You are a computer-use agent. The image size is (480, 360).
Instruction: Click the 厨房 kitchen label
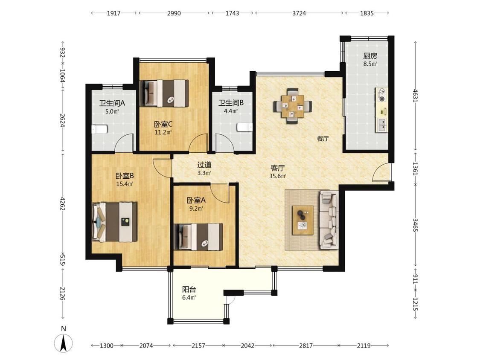point(370,56)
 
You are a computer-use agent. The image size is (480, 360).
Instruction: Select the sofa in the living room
point(329,220)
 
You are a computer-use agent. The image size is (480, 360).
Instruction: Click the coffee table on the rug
point(303,220)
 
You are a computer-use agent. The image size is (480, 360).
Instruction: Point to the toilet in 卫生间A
point(99,129)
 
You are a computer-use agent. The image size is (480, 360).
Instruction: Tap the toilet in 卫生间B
point(244,128)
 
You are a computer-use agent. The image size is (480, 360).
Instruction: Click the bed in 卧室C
point(164,93)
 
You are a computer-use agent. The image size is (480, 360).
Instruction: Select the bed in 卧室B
point(114,222)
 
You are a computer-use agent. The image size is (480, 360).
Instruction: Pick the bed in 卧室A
point(198,237)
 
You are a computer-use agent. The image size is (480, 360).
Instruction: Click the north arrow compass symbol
point(64,342)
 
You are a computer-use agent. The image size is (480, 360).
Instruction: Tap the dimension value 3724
point(299,13)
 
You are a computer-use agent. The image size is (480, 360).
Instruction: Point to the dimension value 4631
point(416,95)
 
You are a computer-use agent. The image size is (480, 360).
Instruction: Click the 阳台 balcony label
point(189,289)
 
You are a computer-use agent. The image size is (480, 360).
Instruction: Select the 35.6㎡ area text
point(278,176)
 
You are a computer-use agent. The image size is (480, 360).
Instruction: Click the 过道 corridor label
point(204,165)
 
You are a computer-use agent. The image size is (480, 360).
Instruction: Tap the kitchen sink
point(382,125)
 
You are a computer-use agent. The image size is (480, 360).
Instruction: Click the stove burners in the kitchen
point(382,95)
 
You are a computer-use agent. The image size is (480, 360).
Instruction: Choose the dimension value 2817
point(306,345)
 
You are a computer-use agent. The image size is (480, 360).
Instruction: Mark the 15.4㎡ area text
point(125,184)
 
